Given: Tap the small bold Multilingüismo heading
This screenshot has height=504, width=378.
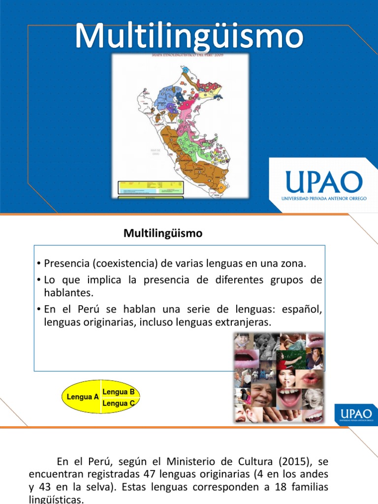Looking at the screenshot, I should pyautogui.click(x=163, y=234).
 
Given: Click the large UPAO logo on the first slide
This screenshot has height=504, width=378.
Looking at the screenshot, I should pyautogui.click(x=322, y=182).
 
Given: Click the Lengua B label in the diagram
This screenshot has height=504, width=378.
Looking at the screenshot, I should pyautogui.click(x=119, y=392).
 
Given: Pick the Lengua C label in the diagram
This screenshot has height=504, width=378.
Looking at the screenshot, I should pyautogui.click(x=119, y=403).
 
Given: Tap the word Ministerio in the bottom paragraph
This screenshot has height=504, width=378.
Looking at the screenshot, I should pyautogui.click(x=189, y=462).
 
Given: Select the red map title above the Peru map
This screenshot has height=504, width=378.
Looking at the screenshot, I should pyautogui.click(x=180, y=56).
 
